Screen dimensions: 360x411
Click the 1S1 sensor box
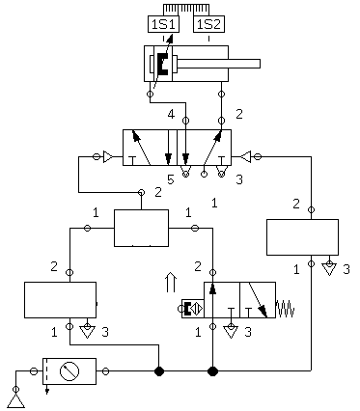[163, 24]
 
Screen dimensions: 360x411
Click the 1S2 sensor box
[208, 24]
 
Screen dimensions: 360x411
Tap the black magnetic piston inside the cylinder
[163, 64]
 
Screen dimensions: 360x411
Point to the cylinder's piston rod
[218, 64]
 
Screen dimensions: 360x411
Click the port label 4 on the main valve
[171, 114]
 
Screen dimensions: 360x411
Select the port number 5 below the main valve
[171, 179]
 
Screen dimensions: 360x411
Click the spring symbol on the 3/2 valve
[285, 309]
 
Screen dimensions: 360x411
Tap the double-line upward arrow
[171, 282]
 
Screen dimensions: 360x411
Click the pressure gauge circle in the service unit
[69, 371]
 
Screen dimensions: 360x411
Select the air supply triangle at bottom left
[16, 400]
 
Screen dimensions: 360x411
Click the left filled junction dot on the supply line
[159, 371]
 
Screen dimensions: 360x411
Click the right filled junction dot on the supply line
[212, 371]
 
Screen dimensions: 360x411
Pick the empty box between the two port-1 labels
[142, 228]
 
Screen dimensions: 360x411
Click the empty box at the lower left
[60, 300]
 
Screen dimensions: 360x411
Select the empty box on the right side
[302, 237]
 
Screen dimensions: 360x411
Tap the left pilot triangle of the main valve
[108, 157]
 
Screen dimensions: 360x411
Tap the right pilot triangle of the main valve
[246, 157]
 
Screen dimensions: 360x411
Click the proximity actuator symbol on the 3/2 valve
[193, 309]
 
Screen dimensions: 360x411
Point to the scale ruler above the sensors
[186, 9]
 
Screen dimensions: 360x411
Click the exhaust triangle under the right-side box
[329, 268]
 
